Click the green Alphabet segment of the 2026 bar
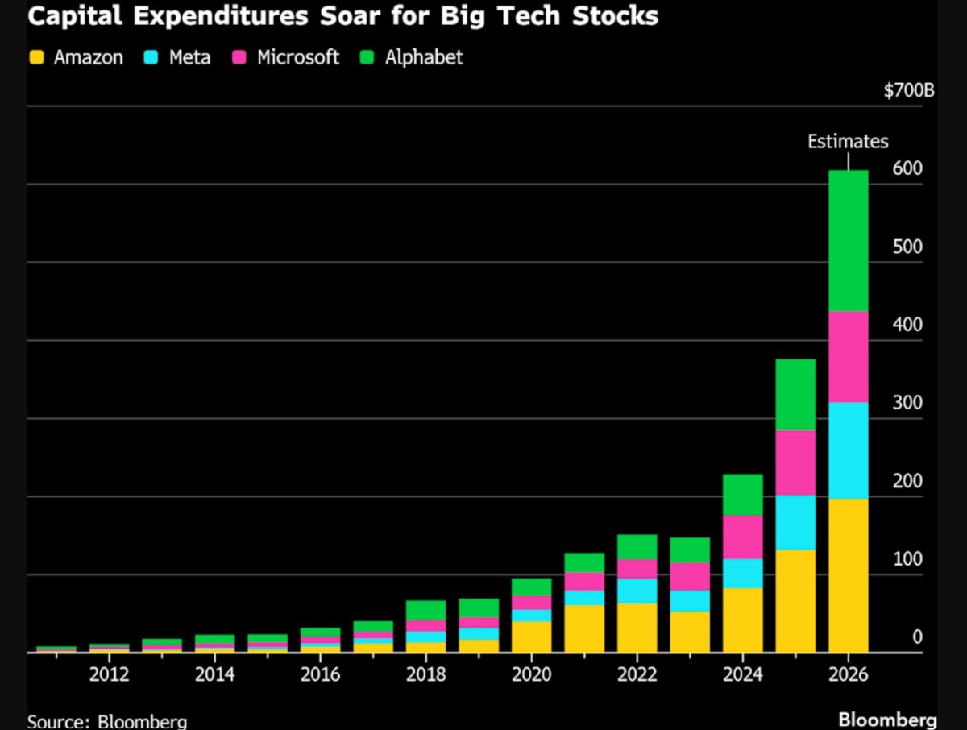tap(848, 241)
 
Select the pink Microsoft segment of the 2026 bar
tap(848, 357)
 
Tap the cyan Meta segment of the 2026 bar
tap(848, 450)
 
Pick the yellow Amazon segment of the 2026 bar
tap(848, 575)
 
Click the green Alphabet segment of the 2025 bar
tap(795, 395)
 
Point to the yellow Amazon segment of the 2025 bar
tap(795, 601)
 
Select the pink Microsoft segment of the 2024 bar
tap(743, 537)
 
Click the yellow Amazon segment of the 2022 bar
tap(637, 628)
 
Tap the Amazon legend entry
tap(77, 57)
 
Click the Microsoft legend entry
tap(286, 57)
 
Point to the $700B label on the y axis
tap(908, 90)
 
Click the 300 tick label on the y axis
tap(907, 403)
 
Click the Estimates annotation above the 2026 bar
tap(848, 142)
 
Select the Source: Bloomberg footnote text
tap(107, 720)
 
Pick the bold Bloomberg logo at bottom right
tap(887, 719)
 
